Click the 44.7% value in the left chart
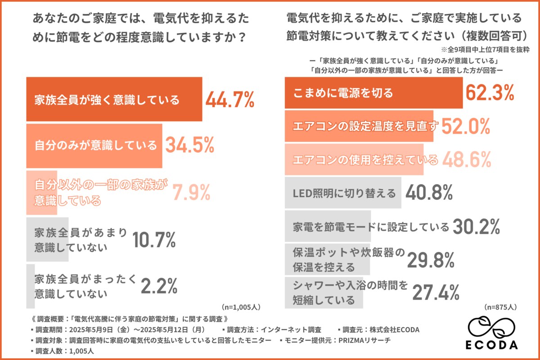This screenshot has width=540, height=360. (x=230, y=99)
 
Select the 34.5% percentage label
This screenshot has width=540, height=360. (x=189, y=145)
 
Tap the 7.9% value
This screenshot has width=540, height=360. (x=193, y=193)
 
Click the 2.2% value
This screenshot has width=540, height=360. (x=159, y=285)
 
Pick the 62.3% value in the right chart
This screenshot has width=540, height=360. (x=490, y=93)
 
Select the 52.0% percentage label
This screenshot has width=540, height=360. (x=465, y=127)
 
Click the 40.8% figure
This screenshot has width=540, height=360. (x=429, y=193)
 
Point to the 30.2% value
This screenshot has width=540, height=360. (x=476, y=226)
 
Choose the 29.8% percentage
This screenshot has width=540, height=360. (x=431, y=260)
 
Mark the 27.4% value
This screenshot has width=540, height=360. (x=436, y=292)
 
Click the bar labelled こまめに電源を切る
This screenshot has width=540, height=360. (x=373, y=93)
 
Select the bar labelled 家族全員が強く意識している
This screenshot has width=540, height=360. (x=114, y=99)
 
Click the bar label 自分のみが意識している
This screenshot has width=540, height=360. (x=96, y=145)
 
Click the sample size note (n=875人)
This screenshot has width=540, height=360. (x=500, y=307)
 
